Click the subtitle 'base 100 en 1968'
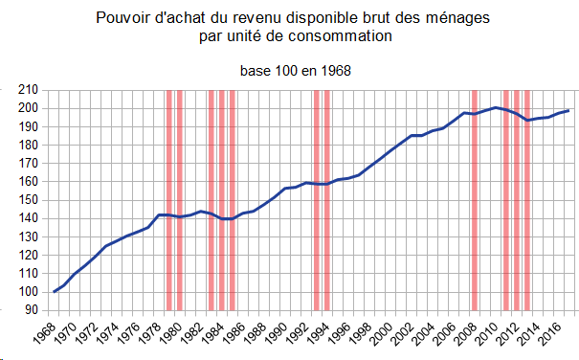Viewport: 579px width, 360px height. tap(296, 71)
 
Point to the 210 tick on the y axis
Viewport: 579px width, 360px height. tap(28, 90)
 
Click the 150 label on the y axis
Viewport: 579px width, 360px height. tap(28, 200)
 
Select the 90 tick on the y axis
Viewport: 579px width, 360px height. tap(32, 310)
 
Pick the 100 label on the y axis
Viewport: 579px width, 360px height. tap(28, 292)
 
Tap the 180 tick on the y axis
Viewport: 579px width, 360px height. tap(28, 145)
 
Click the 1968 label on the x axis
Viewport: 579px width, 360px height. tap(44, 334)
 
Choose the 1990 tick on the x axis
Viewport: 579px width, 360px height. tap(276, 334)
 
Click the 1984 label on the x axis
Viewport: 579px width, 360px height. tap(212, 334)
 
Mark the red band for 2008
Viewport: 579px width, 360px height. tap(475, 200)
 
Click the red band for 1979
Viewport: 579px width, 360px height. tap(169, 200)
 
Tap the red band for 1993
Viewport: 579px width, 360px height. tap(317, 200)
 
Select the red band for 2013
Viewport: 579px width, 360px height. tap(527, 200)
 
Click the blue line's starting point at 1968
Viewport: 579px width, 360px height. tap(55, 292)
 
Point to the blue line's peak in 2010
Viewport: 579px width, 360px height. tap(496, 107)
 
